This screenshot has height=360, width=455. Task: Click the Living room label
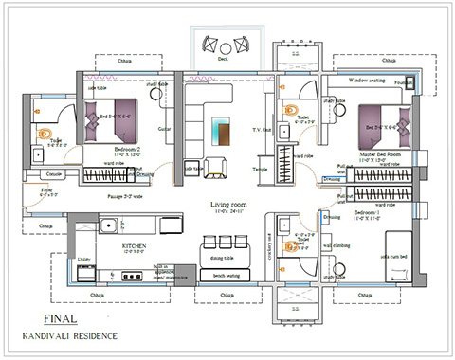tap(227, 204)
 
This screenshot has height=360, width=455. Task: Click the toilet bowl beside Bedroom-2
tap(43, 134)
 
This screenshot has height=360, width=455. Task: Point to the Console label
tap(54, 174)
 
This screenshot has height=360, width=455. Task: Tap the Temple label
tap(260, 168)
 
